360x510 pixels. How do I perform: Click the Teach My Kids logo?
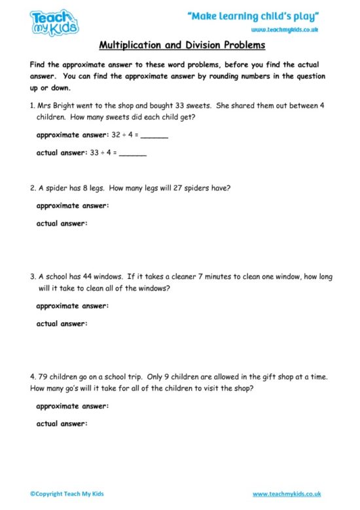pyautogui.click(x=54, y=22)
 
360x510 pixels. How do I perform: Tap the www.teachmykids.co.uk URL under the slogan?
pyautogui.click(x=285, y=30)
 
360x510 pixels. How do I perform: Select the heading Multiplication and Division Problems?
pyautogui.click(x=181, y=46)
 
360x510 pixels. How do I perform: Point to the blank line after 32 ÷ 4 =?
pyautogui.click(x=154, y=136)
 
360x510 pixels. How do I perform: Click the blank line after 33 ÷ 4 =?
pyautogui.click(x=133, y=154)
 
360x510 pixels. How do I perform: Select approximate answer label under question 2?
pyautogui.click(x=72, y=206)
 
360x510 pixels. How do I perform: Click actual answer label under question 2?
pyautogui.click(x=61, y=223)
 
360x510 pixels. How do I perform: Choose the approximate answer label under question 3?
pyautogui.click(x=72, y=306)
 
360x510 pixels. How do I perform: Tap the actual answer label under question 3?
pyautogui.click(x=61, y=323)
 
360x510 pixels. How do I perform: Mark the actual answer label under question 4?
pyautogui.click(x=61, y=424)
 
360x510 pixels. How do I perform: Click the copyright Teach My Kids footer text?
pyautogui.click(x=67, y=494)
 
